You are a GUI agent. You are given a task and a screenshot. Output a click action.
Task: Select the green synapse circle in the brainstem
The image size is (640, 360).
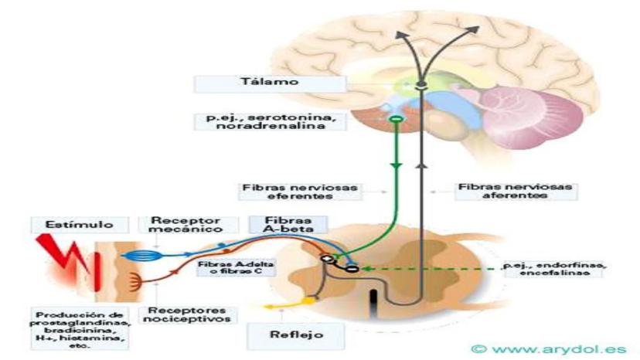pos(396,120)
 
